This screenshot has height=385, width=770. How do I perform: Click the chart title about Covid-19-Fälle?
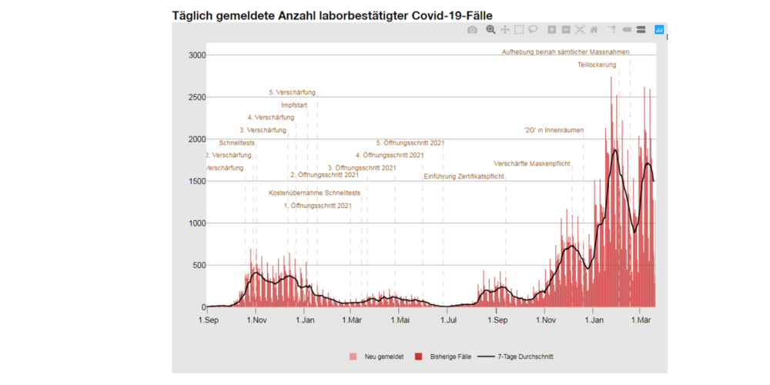[x=332, y=15]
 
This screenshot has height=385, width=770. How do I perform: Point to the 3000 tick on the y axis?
[x=196, y=55]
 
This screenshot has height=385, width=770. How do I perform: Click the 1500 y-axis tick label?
[x=196, y=182]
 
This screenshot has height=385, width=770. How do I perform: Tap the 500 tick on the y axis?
[x=199, y=266]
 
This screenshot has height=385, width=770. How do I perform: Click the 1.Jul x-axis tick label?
[x=448, y=320]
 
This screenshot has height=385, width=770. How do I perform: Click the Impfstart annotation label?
[x=295, y=105]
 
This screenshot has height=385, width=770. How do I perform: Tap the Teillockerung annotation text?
[x=597, y=65]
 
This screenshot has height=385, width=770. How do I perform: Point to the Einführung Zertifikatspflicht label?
[x=464, y=176]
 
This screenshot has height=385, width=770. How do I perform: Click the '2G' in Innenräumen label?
[x=553, y=130]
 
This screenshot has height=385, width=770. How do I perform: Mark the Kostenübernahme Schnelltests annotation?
[x=314, y=192]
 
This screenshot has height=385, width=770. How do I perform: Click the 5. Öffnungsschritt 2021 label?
[x=410, y=142]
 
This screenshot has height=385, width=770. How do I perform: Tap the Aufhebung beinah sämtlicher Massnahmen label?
[x=566, y=52]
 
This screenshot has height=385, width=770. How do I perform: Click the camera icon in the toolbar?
[x=473, y=29]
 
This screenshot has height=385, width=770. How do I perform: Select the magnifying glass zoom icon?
[x=490, y=29]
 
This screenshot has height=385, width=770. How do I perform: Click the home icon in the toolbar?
[x=594, y=29]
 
